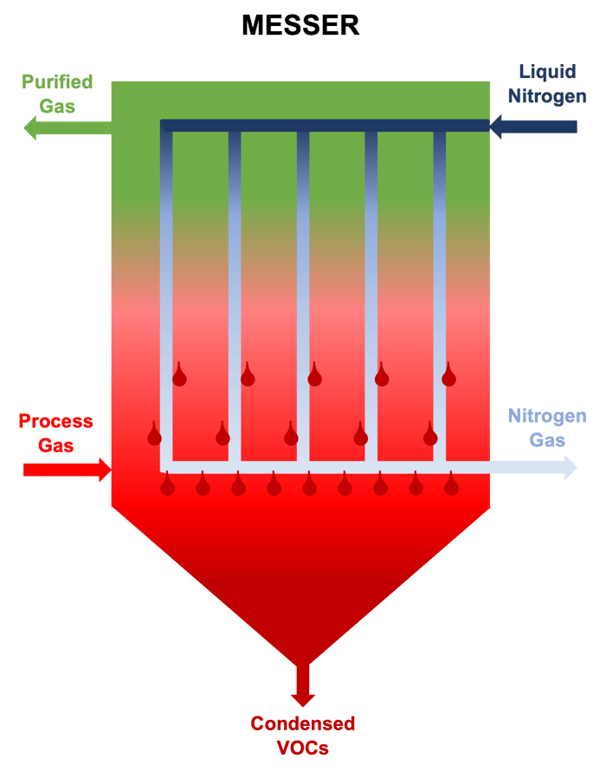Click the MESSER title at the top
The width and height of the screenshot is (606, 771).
[x=300, y=25]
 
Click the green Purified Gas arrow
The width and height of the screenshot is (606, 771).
[x=61, y=129]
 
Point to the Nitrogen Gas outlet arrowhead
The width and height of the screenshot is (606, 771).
[x=569, y=467]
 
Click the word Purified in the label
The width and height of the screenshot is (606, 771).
[x=57, y=83]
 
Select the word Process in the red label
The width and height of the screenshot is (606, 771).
[x=56, y=422]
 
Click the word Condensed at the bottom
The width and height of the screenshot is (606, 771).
[x=302, y=723]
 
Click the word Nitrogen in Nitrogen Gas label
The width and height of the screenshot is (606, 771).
[x=546, y=416]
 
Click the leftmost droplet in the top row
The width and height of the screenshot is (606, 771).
[x=179, y=376]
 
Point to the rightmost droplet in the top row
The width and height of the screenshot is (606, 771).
[x=448, y=376]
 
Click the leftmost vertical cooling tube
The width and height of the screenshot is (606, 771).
[x=166, y=295]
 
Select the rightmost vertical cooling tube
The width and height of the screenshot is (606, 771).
[x=440, y=295]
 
